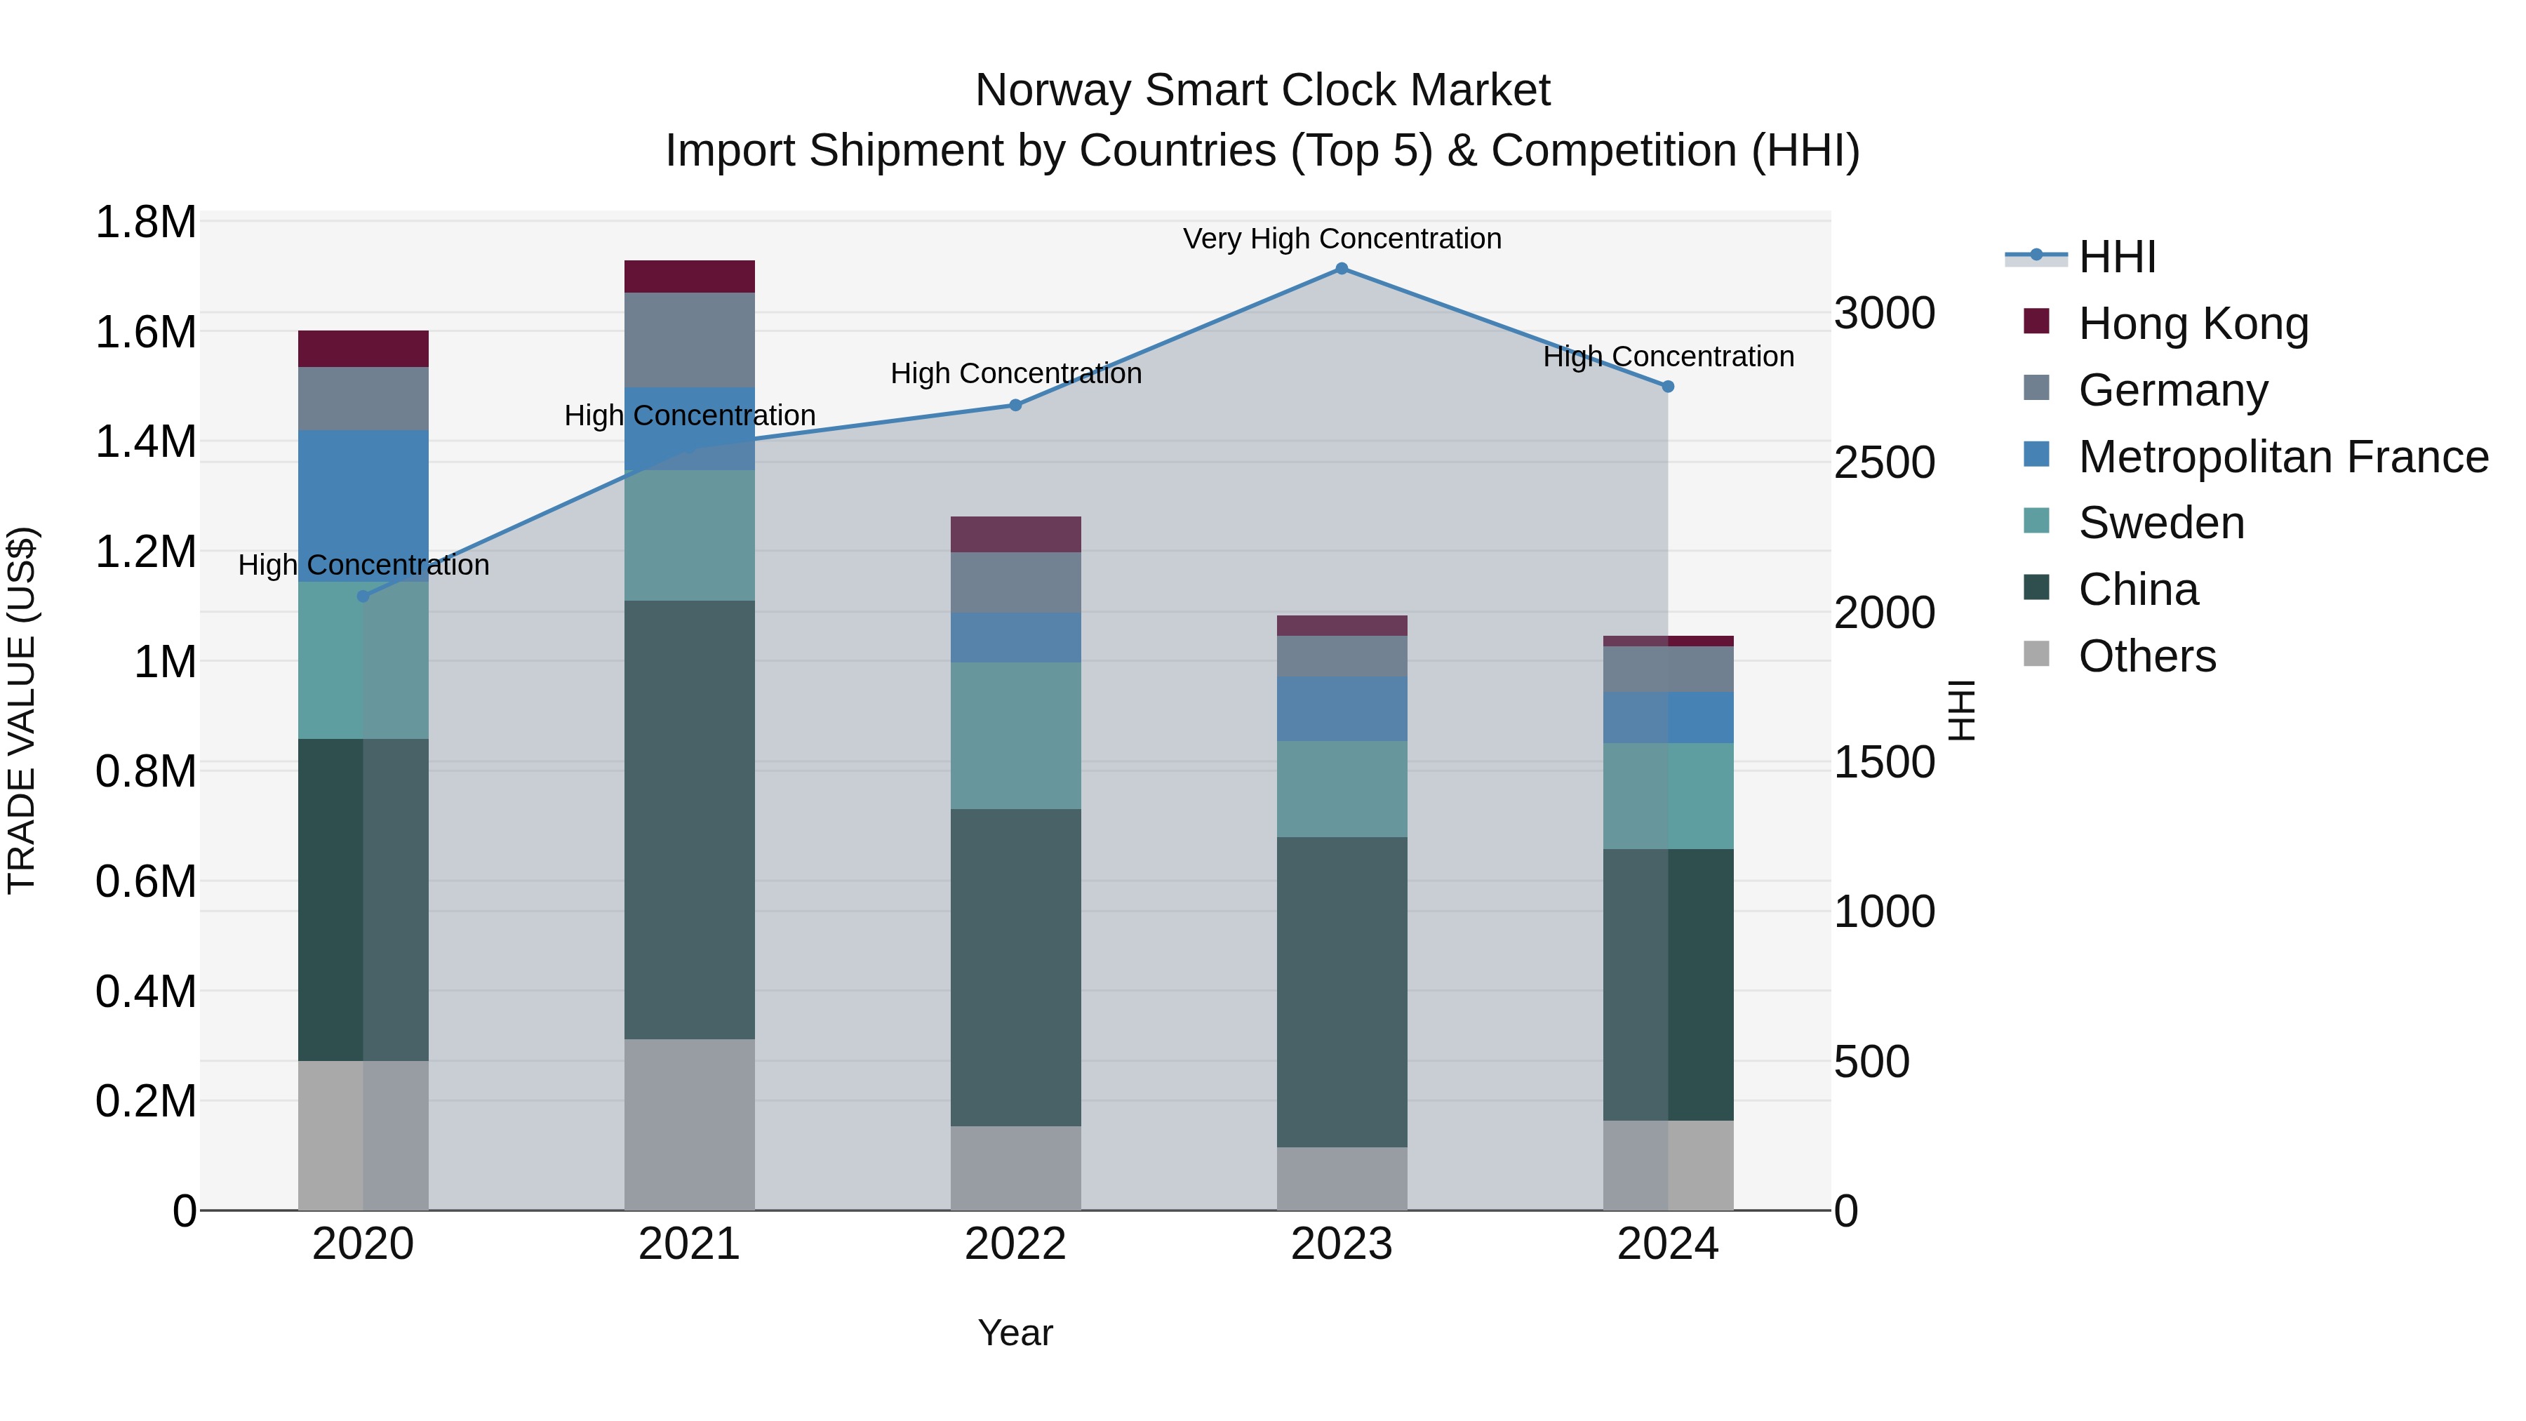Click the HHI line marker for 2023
coord(1342,269)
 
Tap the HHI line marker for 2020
coord(363,596)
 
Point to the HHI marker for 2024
coord(1668,387)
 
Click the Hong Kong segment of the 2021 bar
coord(689,276)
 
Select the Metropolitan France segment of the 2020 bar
coord(363,506)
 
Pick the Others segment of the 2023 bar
coord(1342,1179)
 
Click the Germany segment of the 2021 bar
coord(689,340)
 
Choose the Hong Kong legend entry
coord(2193,323)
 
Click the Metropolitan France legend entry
coord(2283,457)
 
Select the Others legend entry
coord(2146,656)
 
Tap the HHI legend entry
coord(2116,257)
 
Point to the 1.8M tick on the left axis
coord(146,222)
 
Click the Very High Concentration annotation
coord(1342,239)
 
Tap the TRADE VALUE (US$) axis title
coord(22,710)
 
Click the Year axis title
coord(1015,1333)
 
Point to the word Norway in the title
coord(1052,91)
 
